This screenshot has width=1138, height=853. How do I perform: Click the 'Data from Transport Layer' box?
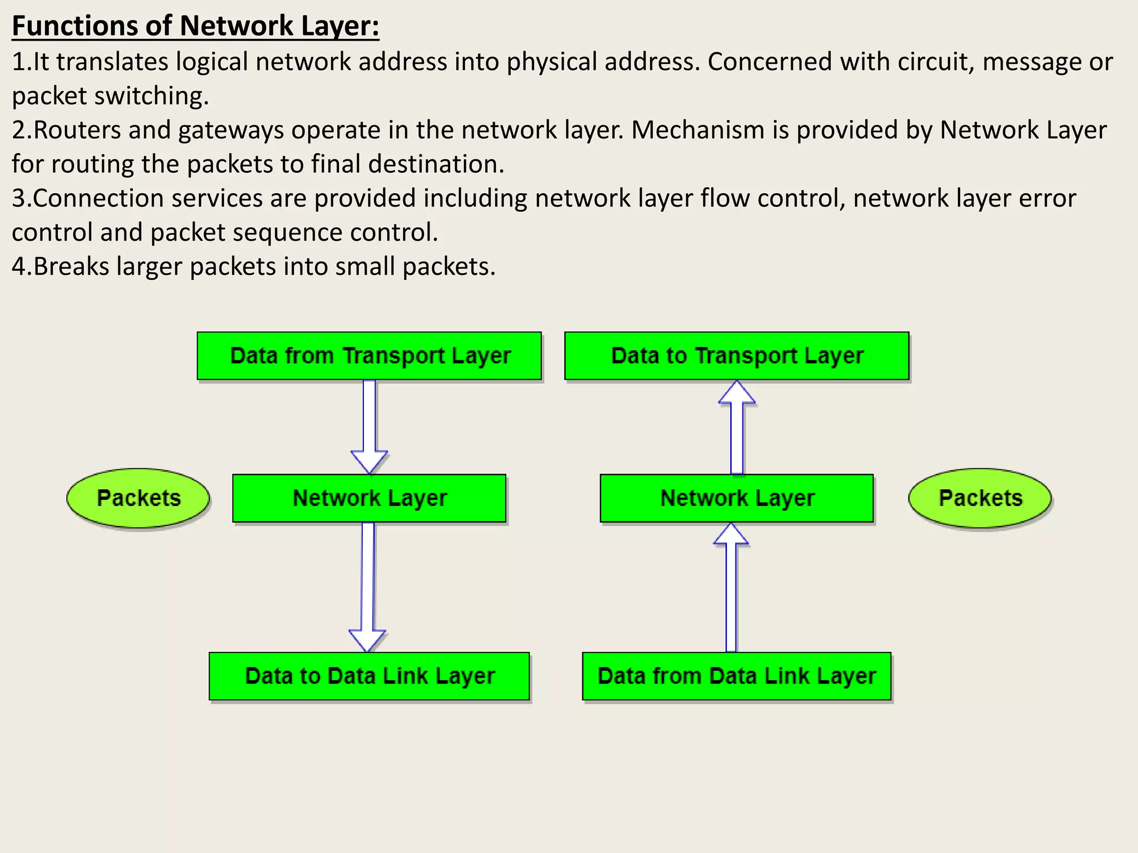coord(369,356)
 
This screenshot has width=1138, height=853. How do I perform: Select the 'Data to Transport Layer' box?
coord(737,356)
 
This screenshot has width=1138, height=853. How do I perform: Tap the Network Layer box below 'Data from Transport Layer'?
coord(369,498)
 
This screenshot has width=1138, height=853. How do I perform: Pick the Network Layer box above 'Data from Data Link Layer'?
coord(737,498)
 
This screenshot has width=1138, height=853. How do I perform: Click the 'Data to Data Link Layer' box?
coord(369,676)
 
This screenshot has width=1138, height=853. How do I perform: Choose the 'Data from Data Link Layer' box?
coord(737,676)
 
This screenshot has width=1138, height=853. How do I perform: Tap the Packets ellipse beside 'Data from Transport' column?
coord(138,498)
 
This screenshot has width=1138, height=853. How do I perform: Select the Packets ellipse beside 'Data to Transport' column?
coord(980,498)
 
